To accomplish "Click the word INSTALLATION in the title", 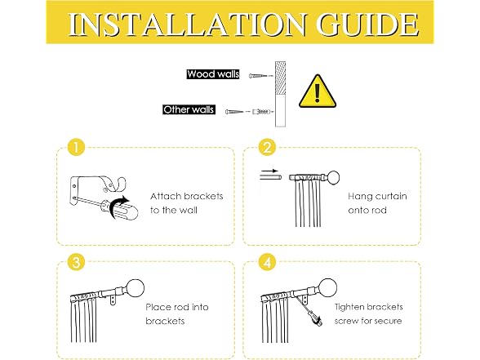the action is tap(186, 24).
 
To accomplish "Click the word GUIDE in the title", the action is tap(367, 24).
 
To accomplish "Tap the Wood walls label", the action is tap(213, 74).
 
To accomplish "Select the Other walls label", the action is tap(189, 109).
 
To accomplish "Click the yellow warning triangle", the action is tap(318, 91).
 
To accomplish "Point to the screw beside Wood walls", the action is tap(257, 75).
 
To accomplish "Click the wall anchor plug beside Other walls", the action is tap(262, 112).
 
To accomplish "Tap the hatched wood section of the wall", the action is tap(281, 78).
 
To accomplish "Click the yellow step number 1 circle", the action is tap(76, 147).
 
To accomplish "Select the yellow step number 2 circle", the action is tap(267, 147).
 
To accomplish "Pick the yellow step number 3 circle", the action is tap(76, 262).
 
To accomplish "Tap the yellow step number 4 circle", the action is tap(267, 262).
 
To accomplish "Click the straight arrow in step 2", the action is tap(269, 171).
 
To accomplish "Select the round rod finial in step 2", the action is tap(333, 178).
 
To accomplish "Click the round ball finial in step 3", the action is tap(135, 288).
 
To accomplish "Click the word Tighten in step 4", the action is tap(352, 307).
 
